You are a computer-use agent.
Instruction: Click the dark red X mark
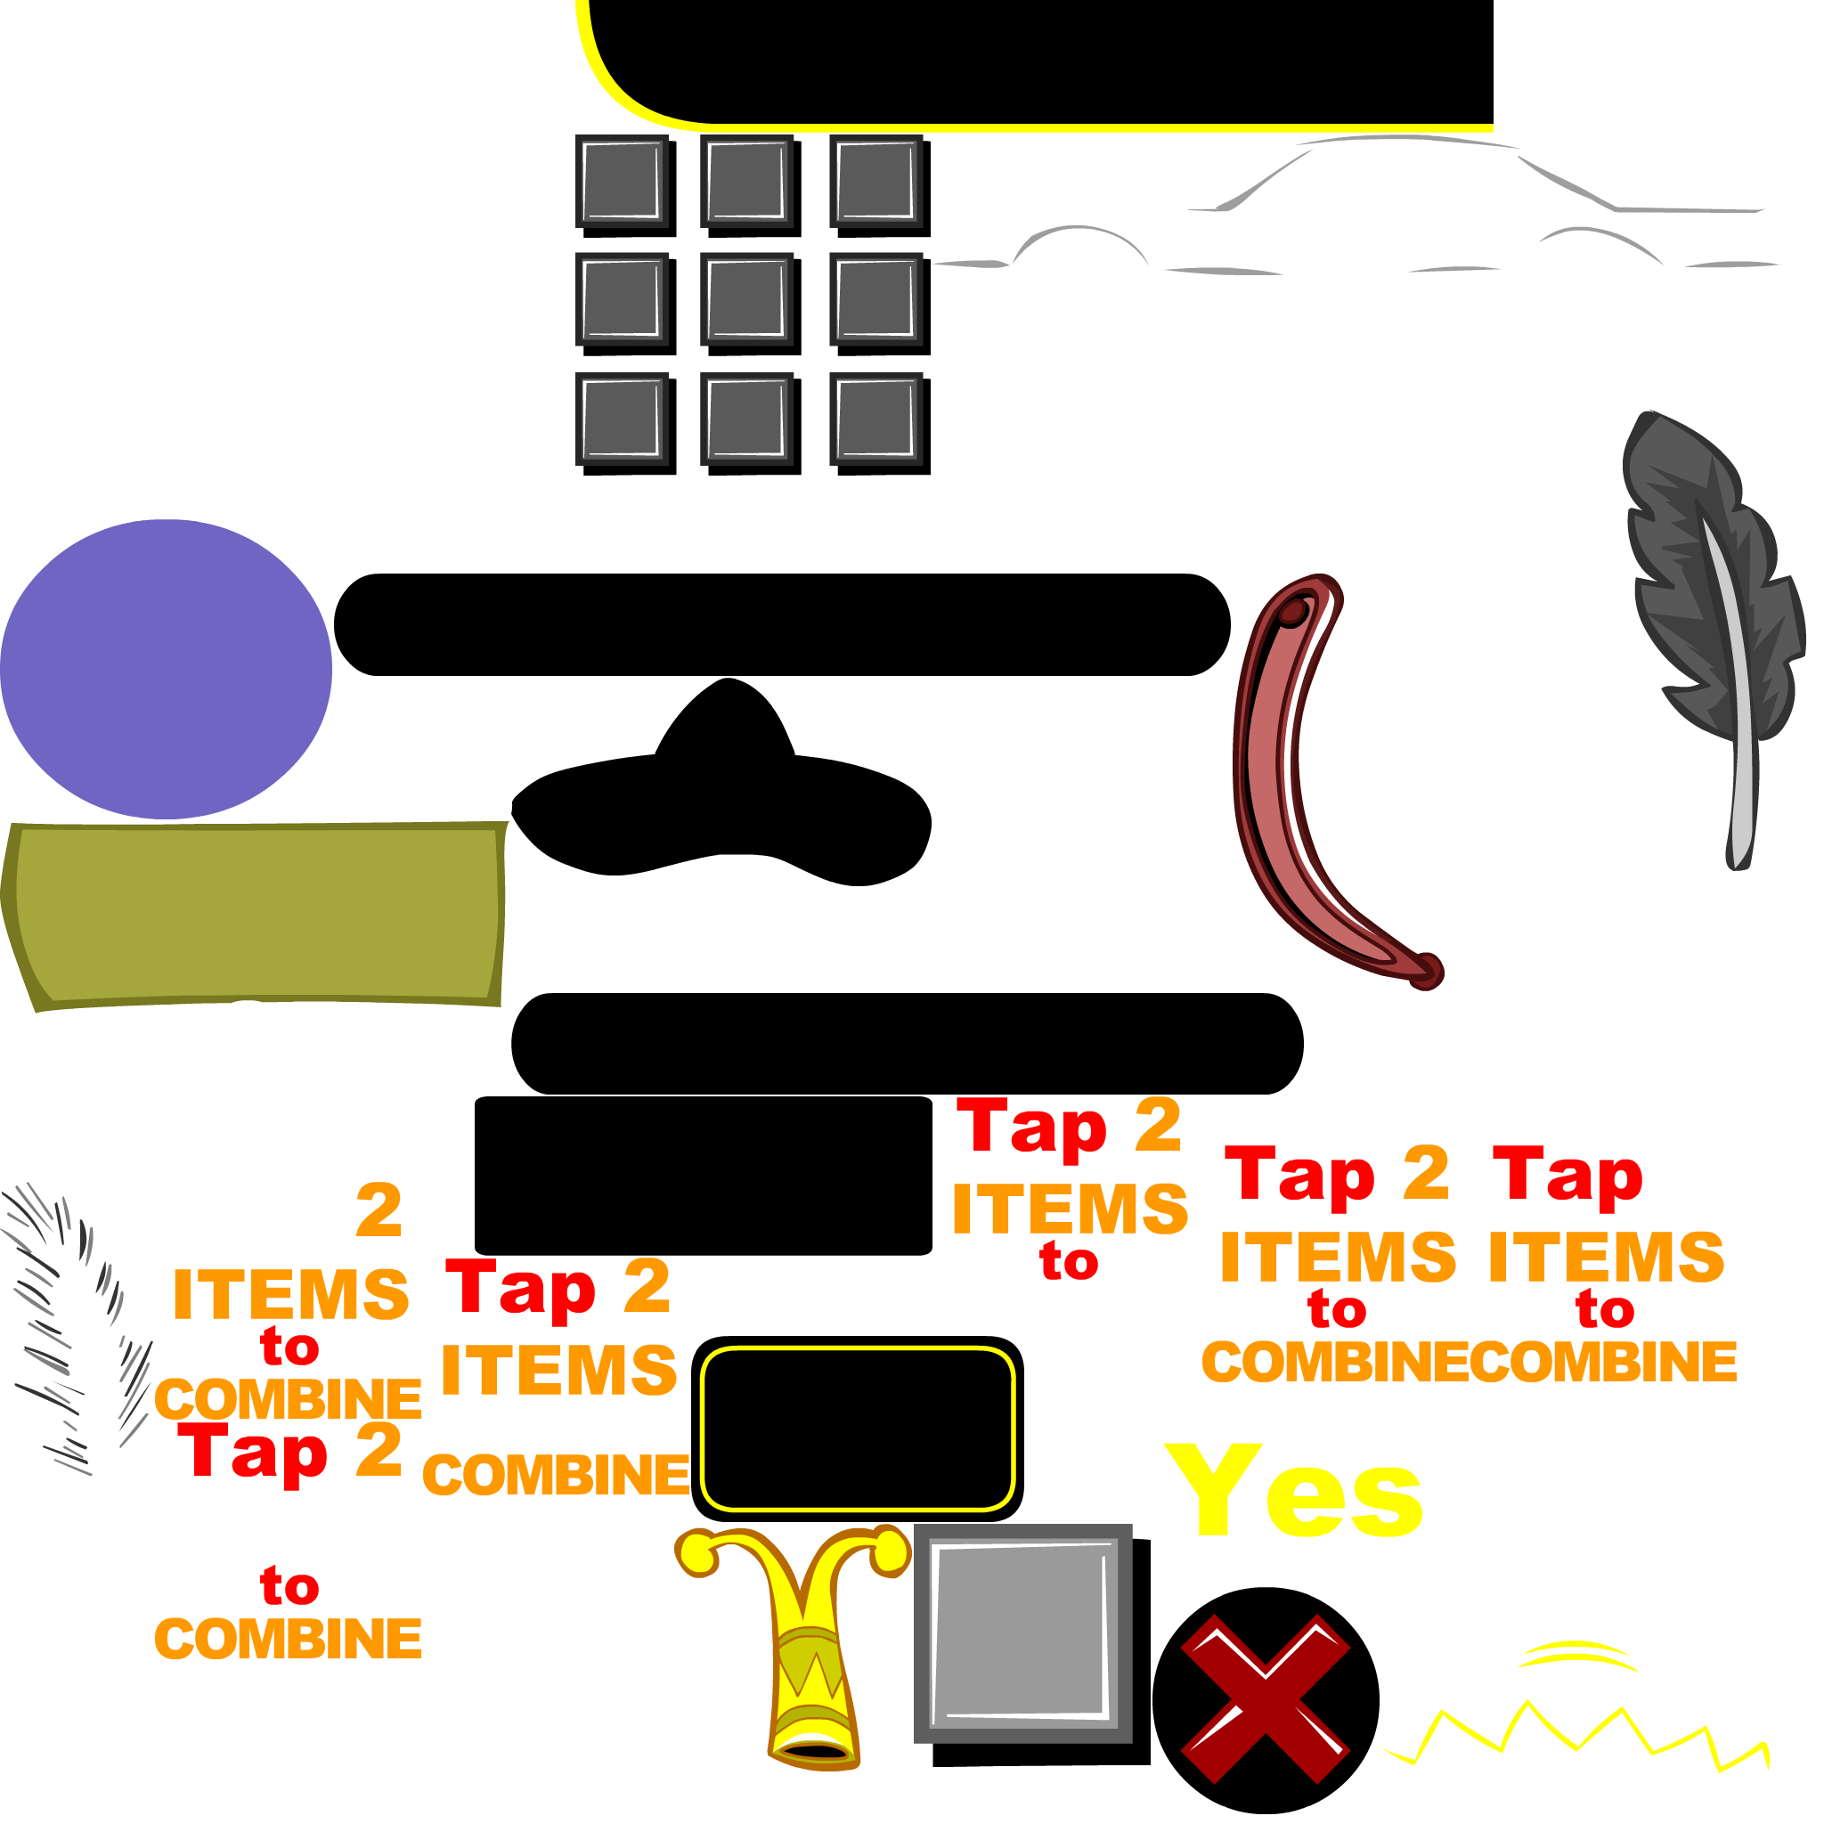(x=1264, y=1698)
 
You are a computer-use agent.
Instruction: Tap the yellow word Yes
(x=1293, y=1492)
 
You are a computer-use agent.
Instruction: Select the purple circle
(x=166, y=669)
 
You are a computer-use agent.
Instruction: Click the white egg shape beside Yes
(x=1548, y=1510)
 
